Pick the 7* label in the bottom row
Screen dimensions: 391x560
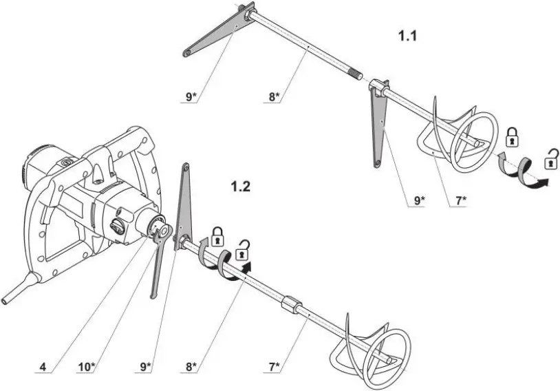(274, 367)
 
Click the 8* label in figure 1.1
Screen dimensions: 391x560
(274, 97)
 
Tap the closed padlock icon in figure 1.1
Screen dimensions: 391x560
(512, 136)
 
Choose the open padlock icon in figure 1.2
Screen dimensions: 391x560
(242, 251)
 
